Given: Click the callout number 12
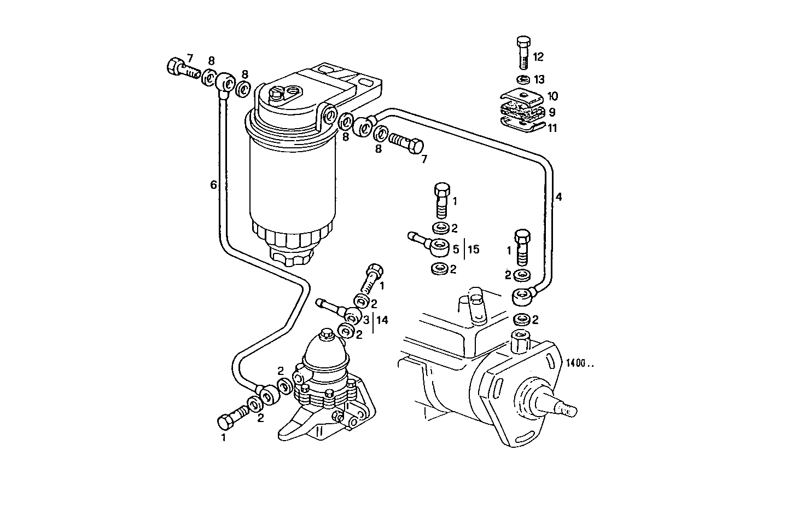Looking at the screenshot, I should pos(538,56).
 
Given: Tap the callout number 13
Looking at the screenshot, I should pos(539,80).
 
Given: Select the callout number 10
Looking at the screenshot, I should pos(552,96).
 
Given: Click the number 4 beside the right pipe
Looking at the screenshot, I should pos(558,197).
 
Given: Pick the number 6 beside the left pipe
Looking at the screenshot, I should pos(214,185).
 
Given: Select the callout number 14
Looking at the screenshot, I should pos(382,320).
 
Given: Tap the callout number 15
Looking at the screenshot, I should pos(473,249).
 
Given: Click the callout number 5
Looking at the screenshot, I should pos(456,249).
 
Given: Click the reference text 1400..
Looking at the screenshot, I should pos(579,363).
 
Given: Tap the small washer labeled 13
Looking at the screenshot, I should pos(523,79).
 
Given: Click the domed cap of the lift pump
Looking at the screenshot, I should pos(327,350).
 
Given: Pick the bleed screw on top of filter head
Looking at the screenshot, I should pos(277,95).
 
